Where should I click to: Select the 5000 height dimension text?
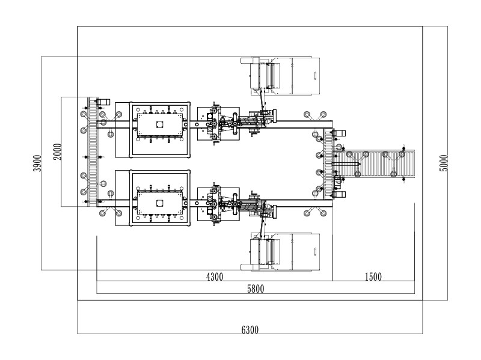click(x=444, y=163)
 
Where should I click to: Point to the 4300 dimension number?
click(x=215, y=277)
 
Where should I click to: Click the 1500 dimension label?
click(x=373, y=277)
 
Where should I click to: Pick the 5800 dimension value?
click(x=256, y=288)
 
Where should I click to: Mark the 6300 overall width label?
click(x=250, y=329)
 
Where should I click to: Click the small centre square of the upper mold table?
click(x=160, y=124)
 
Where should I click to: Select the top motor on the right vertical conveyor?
click(x=339, y=133)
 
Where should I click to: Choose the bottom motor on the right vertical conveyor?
click(x=339, y=194)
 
